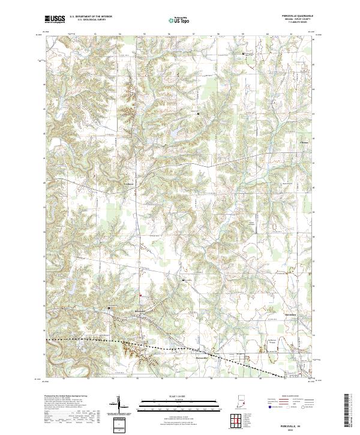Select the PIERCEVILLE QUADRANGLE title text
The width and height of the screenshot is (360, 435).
pyautogui.click(x=293, y=16)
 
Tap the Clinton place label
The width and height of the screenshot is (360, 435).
pyautogui.click(x=304, y=142)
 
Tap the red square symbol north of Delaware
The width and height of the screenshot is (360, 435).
pyautogui.click(x=140, y=295)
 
